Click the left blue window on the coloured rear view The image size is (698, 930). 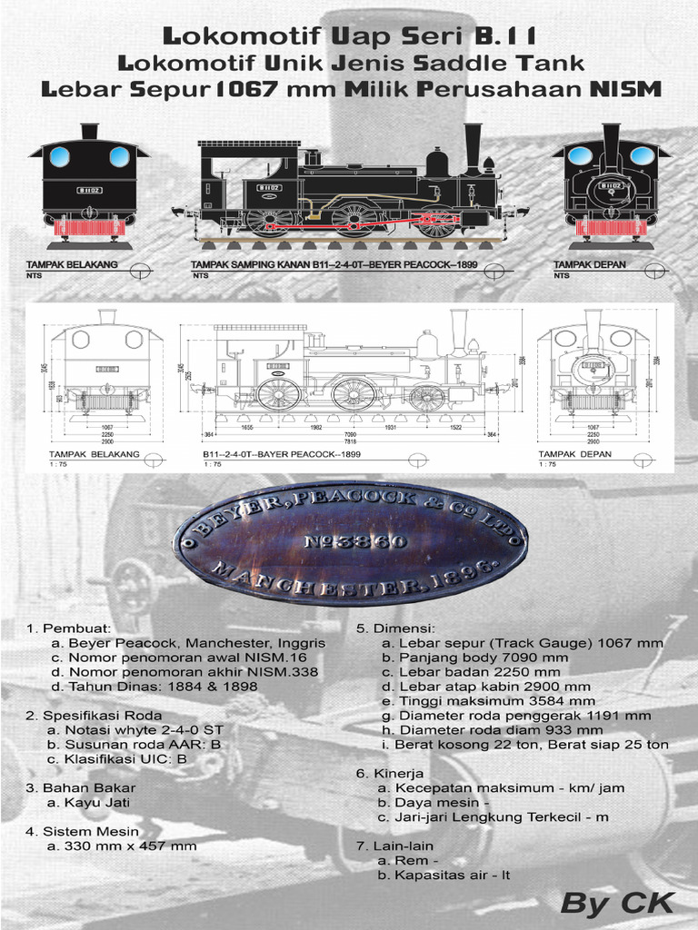coord(60,155)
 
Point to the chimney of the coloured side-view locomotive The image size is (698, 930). coord(473,145)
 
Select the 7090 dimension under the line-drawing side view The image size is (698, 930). coord(350,435)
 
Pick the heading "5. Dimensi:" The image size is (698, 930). coord(395,628)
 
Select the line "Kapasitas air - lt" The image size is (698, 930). coord(440,875)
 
